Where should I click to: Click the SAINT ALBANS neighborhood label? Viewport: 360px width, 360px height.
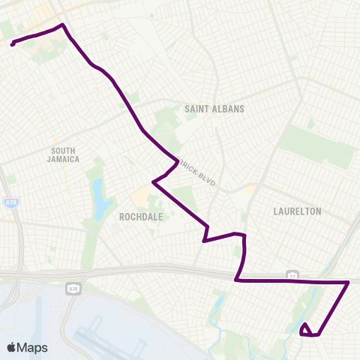pos(214,109)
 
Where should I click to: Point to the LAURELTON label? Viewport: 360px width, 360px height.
pos(298,211)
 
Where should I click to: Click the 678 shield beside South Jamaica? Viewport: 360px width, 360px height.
pos(10,202)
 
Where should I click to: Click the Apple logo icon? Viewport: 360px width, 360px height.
pos(12,347)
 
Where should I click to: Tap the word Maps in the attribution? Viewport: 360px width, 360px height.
pos(33,347)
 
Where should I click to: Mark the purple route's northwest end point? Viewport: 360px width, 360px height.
pos(13,44)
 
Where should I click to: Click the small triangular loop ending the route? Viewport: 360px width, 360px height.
pos(305,329)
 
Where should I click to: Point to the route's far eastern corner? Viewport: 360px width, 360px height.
pos(348,283)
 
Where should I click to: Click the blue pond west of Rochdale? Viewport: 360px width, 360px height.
pos(98,199)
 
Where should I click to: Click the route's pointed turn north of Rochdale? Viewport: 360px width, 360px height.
pos(154,181)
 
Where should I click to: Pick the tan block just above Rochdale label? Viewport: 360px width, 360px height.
pos(140,199)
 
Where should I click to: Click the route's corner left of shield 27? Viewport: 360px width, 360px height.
pos(236,280)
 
